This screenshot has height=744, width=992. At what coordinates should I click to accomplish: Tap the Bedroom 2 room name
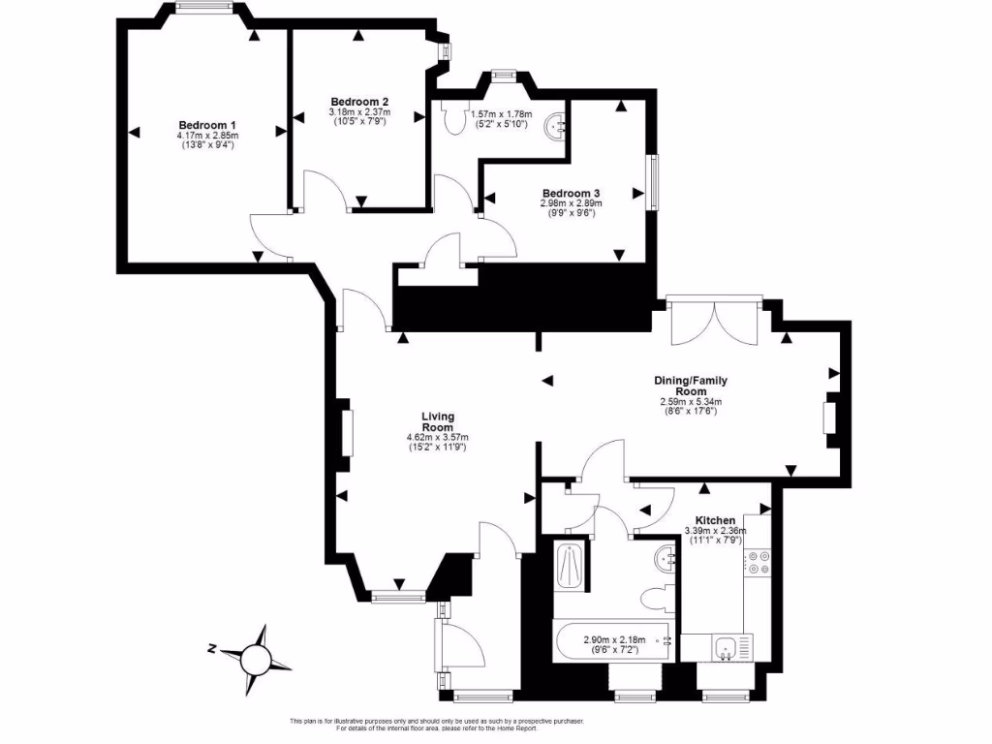(359, 102)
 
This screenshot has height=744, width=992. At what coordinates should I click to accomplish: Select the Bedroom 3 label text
(571, 193)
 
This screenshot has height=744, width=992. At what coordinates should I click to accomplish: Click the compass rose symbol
(259, 659)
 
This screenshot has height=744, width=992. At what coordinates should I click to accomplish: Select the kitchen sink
(723, 647)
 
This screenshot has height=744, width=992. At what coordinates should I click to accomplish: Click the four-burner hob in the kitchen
(758, 563)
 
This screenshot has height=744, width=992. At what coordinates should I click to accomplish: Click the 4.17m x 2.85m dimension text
(207, 136)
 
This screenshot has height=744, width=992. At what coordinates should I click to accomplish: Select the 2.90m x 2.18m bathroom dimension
(614, 640)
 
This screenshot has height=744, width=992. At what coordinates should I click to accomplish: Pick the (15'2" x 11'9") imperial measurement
(437, 448)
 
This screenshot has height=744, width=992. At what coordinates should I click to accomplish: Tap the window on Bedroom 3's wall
(653, 182)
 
